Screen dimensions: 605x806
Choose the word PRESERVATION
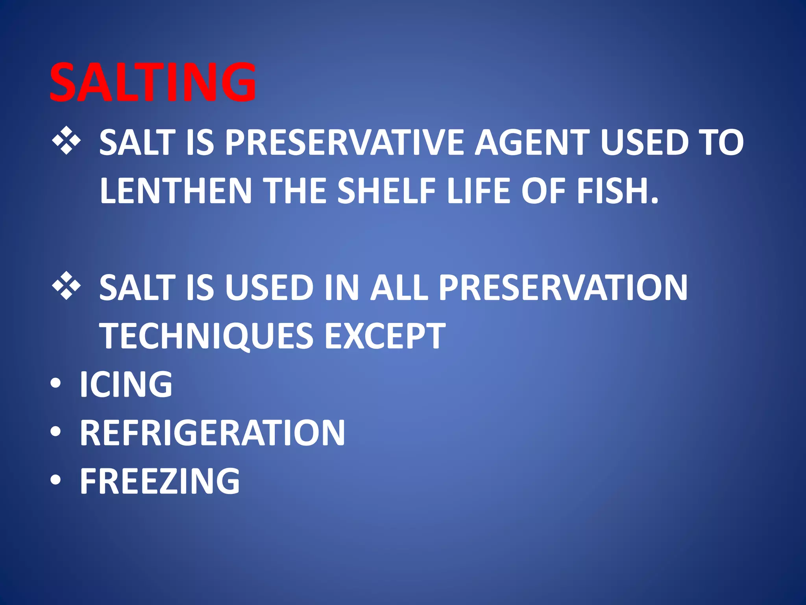[563, 288]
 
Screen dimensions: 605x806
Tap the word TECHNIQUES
[207, 336]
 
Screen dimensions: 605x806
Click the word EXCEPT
[385, 336]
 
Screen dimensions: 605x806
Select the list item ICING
[126, 384]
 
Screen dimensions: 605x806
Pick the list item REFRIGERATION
[213, 432]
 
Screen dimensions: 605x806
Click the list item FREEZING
[160, 481]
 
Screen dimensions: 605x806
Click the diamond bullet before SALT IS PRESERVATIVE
[66, 141]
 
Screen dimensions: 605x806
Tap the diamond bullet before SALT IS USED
[66, 286]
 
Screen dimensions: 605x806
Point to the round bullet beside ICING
[56, 385]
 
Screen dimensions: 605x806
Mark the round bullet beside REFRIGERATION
[56, 433]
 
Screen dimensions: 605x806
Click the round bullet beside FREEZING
[56, 481]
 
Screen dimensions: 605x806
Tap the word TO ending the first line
[723, 142]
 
